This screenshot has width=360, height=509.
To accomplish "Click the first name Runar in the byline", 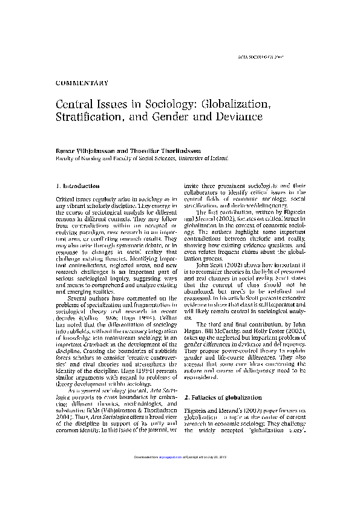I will click(x=65, y=149).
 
